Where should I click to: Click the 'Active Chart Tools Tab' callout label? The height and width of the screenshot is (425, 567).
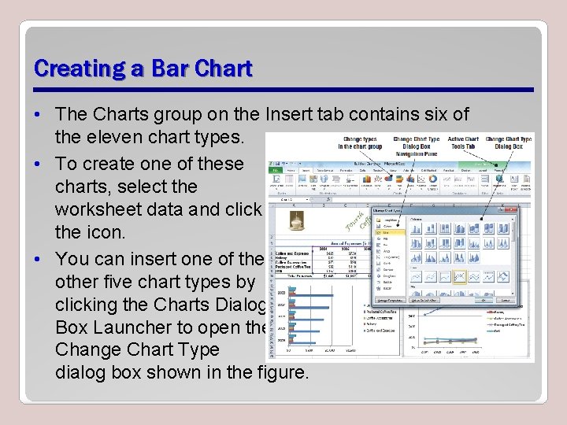(x=463, y=142)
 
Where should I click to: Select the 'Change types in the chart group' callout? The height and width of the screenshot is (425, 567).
(x=360, y=142)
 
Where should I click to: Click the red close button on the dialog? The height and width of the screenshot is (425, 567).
(x=513, y=210)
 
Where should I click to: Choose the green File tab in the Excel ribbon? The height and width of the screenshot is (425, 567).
(x=276, y=170)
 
